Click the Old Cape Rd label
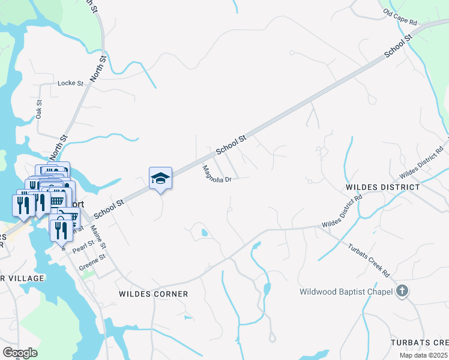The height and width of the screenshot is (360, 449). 400,17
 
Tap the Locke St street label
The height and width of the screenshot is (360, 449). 70,83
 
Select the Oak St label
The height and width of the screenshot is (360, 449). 39,109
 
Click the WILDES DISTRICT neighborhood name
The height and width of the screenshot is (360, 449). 383,187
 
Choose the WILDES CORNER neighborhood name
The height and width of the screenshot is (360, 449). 153,294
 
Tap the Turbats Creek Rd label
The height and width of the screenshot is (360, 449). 369,259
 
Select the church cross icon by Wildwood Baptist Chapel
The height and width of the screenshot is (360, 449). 402,292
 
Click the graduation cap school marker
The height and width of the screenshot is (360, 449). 160,178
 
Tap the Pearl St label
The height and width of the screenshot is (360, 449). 84,245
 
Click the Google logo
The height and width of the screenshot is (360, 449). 20,352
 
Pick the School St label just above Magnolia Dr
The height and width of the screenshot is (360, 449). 231,145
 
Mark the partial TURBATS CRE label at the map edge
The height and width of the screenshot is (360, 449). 419,342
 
